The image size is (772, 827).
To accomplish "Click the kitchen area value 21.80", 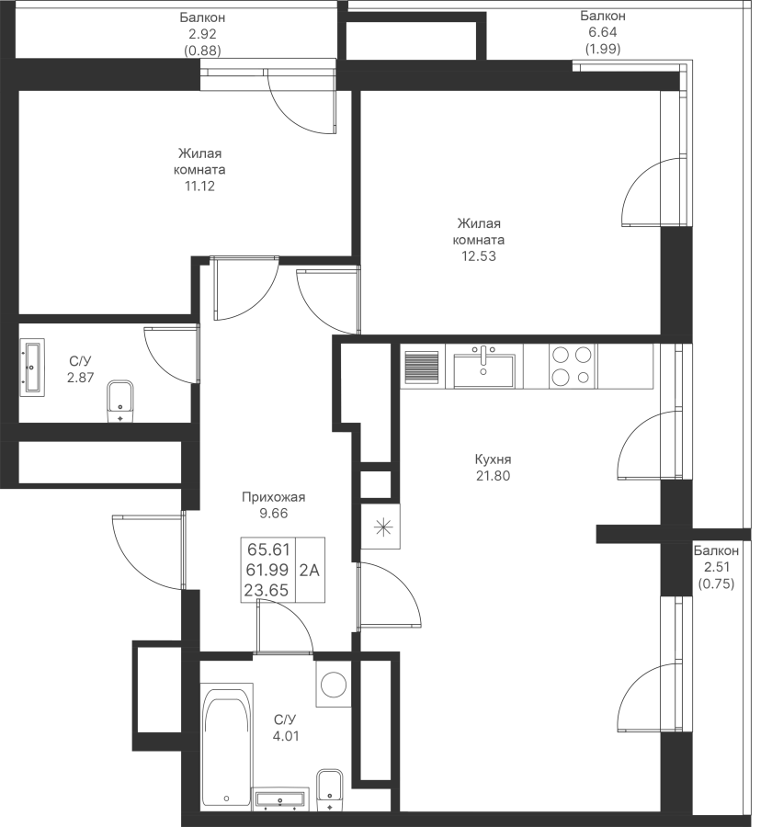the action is [493, 476].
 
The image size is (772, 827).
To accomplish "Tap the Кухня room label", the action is [493, 459].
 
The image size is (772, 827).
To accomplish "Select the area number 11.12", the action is [199, 187].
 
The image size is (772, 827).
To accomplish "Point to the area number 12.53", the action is [479, 256].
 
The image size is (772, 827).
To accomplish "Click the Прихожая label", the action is [273, 497].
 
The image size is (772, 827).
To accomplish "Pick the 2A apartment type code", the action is [310, 570].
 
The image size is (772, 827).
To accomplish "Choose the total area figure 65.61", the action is [268, 549].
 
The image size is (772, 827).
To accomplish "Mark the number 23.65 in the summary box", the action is [267, 590].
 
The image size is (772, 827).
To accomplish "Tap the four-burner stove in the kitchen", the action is [572, 367].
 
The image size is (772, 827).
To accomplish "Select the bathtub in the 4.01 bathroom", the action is [227, 745].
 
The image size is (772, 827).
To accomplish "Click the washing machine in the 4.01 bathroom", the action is [334, 684].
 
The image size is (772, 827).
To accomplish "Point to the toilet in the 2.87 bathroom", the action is [120, 401].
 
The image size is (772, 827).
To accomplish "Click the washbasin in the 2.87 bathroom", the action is [32, 367].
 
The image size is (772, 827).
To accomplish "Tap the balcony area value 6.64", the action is [603, 32].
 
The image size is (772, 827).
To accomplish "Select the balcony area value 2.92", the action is [202, 34].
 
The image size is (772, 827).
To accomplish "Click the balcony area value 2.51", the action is [716, 568].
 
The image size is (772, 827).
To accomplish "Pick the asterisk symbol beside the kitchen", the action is [383, 527].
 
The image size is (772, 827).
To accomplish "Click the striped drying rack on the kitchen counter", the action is [422, 367].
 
